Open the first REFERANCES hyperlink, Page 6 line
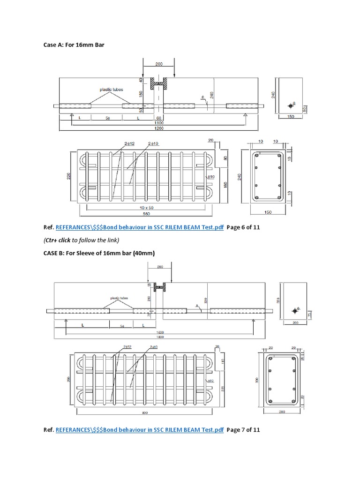click(140, 228)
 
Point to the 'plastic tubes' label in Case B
click(120, 298)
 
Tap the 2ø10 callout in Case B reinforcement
click(153, 346)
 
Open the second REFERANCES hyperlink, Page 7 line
click(140, 429)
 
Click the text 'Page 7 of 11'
click(243, 429)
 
